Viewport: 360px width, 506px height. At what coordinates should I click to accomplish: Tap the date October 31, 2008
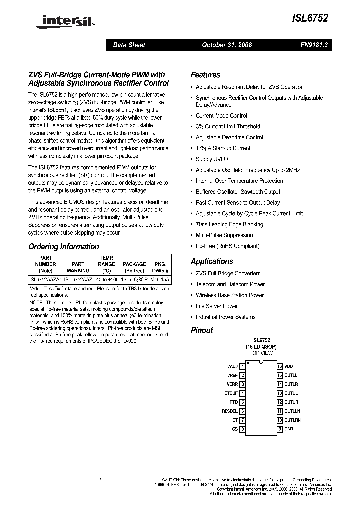pos(227,45)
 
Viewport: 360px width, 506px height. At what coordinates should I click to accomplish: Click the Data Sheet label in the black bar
pos(129,45)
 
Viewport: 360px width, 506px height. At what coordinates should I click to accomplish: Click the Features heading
pos(205,75)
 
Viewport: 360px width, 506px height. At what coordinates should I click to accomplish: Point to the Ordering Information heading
pos(64,246)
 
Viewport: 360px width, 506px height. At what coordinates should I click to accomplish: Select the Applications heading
pos(212,261)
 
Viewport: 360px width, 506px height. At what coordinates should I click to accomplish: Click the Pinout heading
pos(202,330)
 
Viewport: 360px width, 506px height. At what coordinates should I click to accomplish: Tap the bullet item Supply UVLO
pos(211,159)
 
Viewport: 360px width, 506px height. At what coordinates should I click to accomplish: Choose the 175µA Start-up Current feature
pos(223,148)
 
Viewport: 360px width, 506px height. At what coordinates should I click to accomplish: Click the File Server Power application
pos(216,306)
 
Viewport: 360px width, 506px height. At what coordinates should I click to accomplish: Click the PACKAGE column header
pos(134,264)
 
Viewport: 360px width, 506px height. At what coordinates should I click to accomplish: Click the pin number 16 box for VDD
pos(280,367)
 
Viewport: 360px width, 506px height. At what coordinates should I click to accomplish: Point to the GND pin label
pos(289,429)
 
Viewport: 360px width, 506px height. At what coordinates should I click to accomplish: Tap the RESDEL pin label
pos(230,411)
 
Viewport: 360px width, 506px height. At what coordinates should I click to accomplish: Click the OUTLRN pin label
pos(293,420)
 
